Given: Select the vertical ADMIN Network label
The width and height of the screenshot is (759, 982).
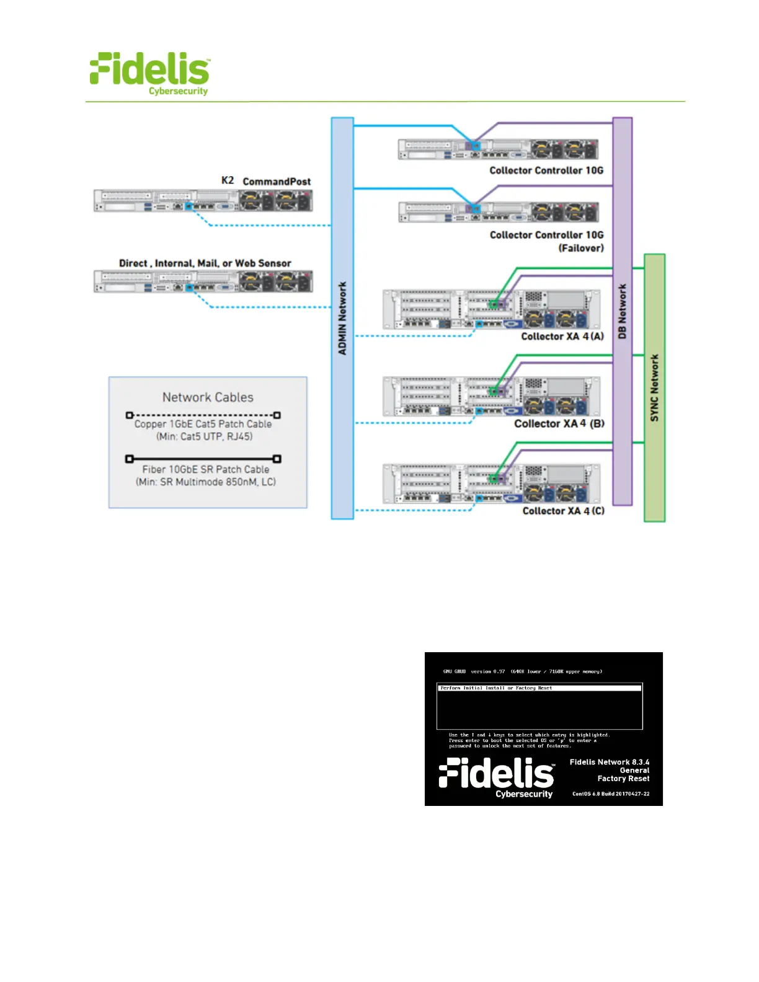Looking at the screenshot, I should [x=342, y=318].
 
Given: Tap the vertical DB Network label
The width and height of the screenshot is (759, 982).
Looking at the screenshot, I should [x=623, y=311].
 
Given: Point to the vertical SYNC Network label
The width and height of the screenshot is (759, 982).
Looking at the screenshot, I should [x=655, y=388].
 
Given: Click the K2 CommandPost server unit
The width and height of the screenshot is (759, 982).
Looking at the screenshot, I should [x=203, y=201].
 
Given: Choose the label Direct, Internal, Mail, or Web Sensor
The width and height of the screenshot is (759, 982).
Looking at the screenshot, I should [x=205, y=263].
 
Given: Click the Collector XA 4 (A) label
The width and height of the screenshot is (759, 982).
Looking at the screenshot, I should [x=562, y=337].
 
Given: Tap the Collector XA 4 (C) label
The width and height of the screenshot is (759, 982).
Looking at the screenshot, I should [x=563, y=511].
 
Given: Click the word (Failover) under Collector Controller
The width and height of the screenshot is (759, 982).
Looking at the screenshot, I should [x=581, y=248].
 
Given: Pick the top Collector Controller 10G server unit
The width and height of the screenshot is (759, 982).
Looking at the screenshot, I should [x=498, y=149].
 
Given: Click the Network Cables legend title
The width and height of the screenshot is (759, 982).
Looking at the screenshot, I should [x=208, y=397].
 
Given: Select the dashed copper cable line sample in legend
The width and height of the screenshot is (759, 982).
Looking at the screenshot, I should [x=203, y=415].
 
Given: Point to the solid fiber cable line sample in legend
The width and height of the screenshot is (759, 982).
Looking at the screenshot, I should [x=203, y=459].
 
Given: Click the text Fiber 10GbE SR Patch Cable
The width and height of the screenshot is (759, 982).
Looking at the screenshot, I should [x=206, y=469].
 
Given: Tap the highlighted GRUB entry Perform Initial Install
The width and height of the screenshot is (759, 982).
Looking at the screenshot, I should [x=496, y=688].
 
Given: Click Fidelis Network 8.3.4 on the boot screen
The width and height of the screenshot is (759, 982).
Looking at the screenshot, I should [x=610, y=762].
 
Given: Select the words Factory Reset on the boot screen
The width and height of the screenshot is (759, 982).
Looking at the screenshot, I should [x=623, y=779].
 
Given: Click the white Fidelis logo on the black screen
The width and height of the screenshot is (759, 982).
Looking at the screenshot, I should [x=497, y=777].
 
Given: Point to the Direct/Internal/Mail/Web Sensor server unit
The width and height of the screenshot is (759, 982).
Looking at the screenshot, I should [x=203, y=281].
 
